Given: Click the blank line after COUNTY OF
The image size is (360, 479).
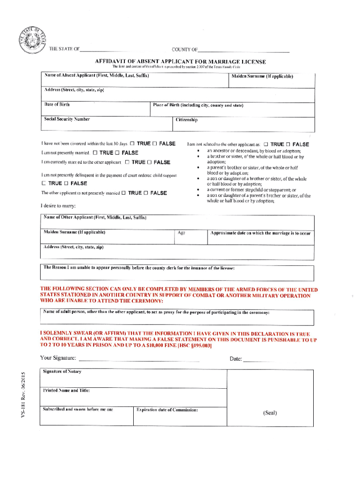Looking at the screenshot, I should [243, 51].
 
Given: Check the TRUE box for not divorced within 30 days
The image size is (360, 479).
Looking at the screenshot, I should [132, 144].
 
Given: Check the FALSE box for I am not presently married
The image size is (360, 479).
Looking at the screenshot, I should [117, 153].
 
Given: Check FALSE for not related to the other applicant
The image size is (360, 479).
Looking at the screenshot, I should [288, 145].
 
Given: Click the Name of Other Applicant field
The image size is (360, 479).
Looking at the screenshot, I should [178, 222].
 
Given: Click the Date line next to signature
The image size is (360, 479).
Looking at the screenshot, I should [259, 359].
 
